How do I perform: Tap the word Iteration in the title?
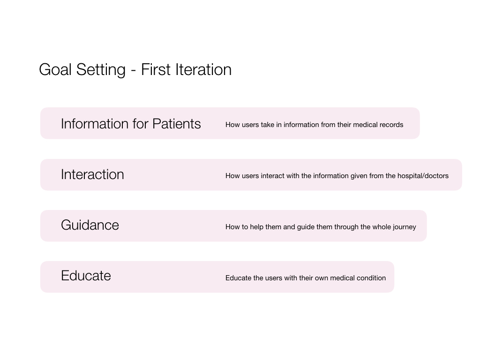pyautogui.click(x=203, y=69)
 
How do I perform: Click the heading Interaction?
pyautogui.click(x=92, y=174)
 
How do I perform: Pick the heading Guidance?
pyautogui.click(x=90, y=225)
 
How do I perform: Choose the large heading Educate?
pyautogui.click(x=86, y=276)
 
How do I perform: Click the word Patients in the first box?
pyautogui.click(x=177, y=124)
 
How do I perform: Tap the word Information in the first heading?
pyautogui.click(x=95, y=124)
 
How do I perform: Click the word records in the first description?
pyautogui.click(x=391, y=125)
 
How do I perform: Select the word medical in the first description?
pyautogui.click(x=365, y=125)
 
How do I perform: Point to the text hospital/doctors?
pyautogui.click(x=423, y=176)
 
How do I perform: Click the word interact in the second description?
pyautogui.click(x=272, y=176)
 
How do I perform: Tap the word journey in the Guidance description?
pyautogui.click(x=405, y=227)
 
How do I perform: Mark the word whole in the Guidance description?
pyautogui.click(x=382, y=227)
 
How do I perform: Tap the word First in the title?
pyautogui.click(x=156, y=69)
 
